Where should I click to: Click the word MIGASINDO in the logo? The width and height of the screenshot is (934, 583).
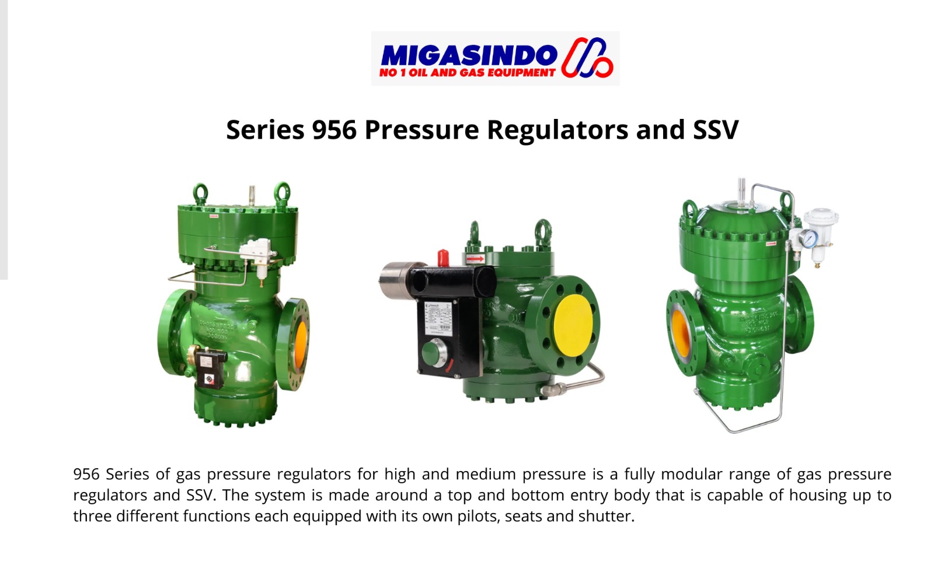[x=469, y=55]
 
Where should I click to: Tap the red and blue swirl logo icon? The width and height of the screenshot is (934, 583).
[x=587, y=58]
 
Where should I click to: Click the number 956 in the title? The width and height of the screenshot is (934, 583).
[x=334, y=129]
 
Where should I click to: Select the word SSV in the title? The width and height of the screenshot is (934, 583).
[x=716, y=129]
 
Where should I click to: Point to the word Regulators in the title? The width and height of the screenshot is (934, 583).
[x=557, y=131]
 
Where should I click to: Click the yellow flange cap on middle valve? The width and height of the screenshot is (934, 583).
[x=573, y=325]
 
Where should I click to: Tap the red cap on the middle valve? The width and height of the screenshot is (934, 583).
[x=443, y=258]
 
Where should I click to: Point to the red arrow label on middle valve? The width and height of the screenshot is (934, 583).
[x=475, y=259]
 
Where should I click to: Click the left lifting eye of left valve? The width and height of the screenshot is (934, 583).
[x=200, y=193]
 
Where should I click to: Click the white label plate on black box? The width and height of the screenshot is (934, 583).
[x=438, y=319]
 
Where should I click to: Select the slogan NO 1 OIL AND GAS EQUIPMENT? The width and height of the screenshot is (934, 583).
[x=467, y=73]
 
